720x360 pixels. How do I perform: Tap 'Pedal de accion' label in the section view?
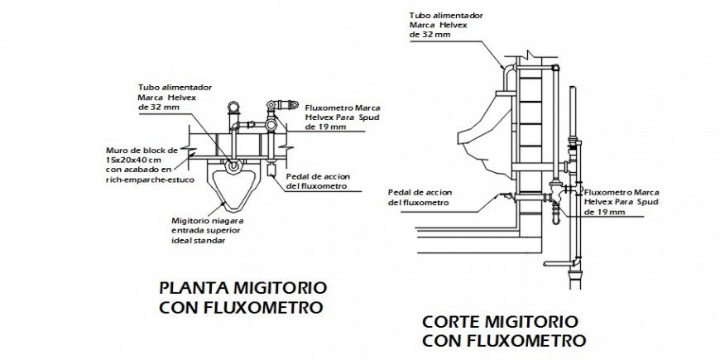click(417, 192)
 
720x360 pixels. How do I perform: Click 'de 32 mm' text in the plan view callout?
click(158, 107)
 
